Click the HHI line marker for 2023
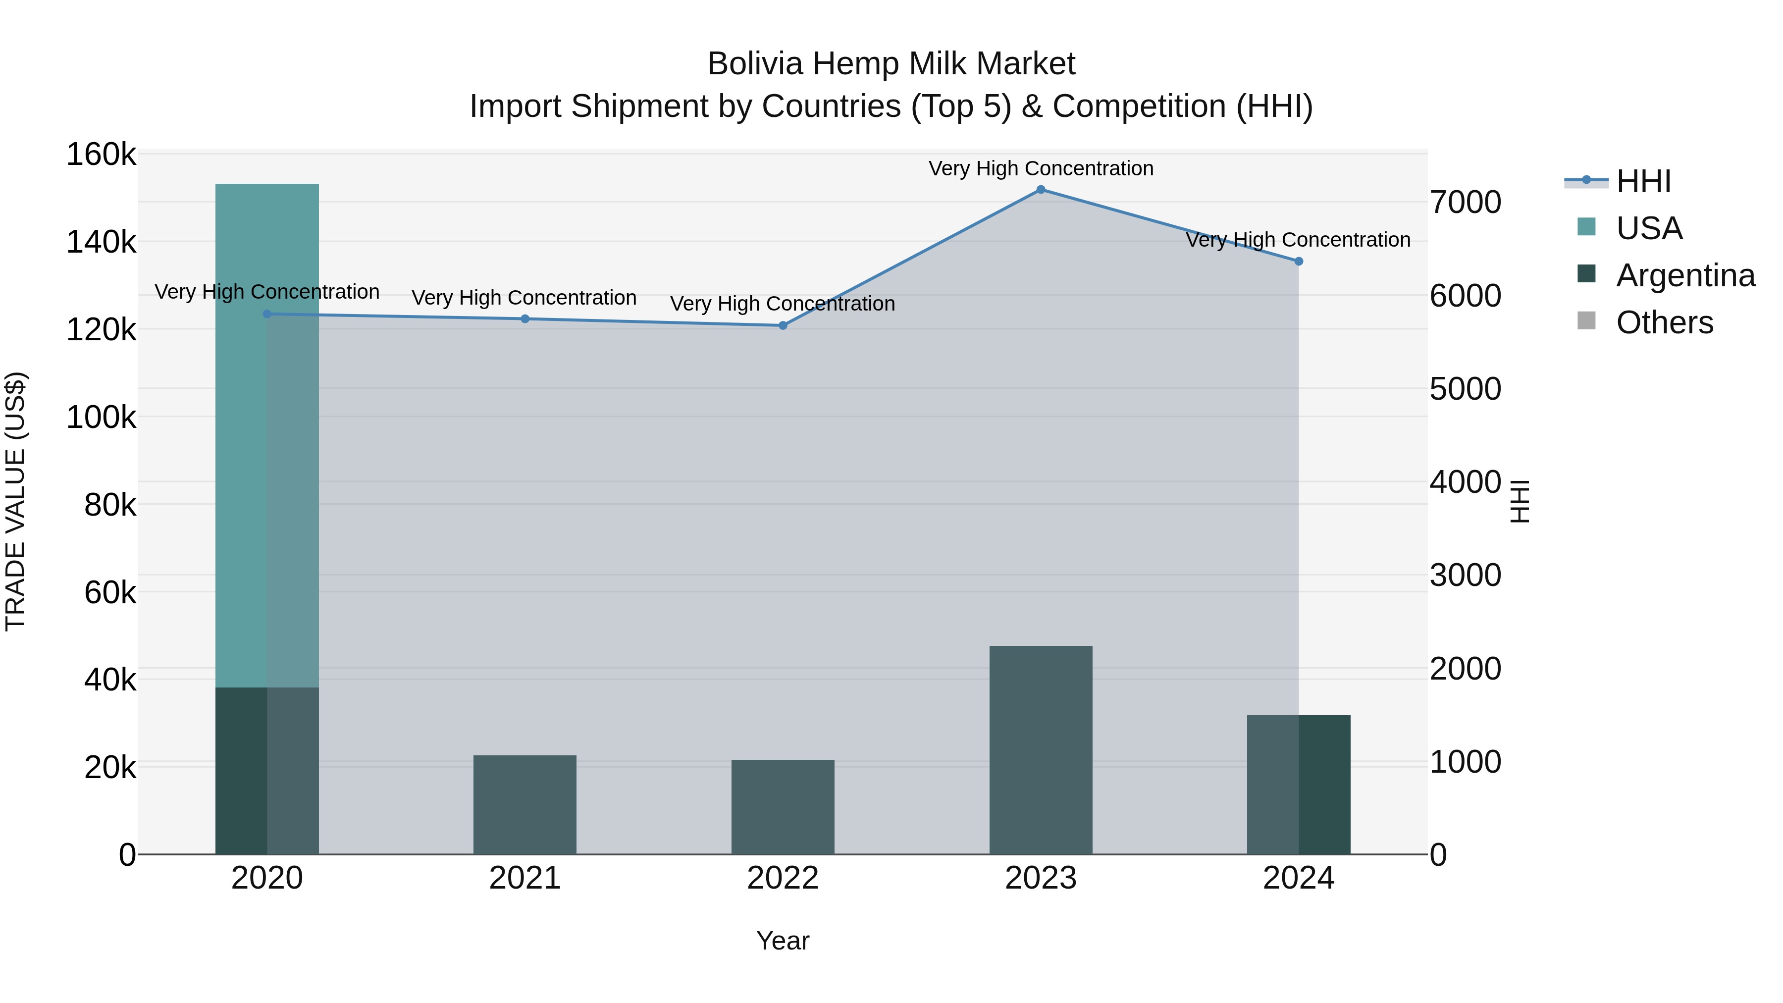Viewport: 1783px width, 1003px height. (x=1040, y=190)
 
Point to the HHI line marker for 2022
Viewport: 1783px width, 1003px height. (x=783, y=325)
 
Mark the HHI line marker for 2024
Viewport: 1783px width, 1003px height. (x=1299, y=262)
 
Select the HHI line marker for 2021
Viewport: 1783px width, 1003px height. (x=524, y=319)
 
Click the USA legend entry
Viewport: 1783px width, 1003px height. (x=1649, y=228)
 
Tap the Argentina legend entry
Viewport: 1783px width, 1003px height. (x=1685, y=275)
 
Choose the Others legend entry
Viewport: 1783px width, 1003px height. (x=1664, y=322)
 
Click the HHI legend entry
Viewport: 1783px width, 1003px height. (x=1643, y=181)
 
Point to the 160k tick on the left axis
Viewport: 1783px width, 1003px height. (x=101, y=155)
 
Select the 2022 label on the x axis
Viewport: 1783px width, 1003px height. (x=783, y=878)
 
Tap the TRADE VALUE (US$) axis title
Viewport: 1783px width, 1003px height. (x=15, y=501)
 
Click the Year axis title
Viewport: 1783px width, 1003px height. (x=783, y=941)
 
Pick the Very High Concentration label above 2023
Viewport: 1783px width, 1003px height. (x=1040, y=168)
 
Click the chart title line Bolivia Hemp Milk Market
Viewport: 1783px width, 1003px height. (x=891, y=64)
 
